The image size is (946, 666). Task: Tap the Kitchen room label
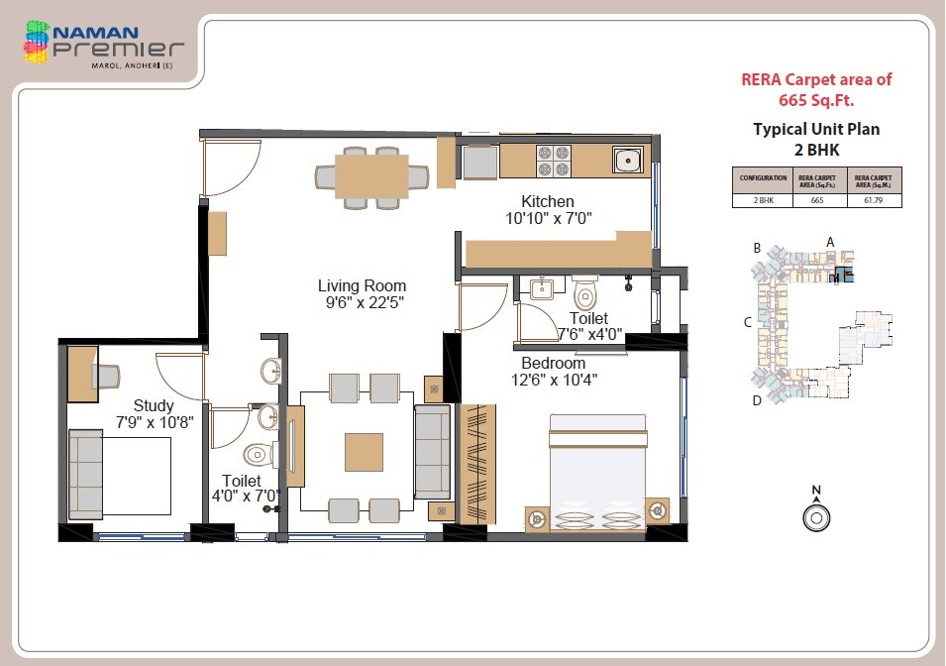click(548, 202)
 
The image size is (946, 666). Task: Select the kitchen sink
click(627, 160)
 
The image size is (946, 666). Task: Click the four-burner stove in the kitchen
click(553, 161)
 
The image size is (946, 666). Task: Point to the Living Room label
click(362, 286)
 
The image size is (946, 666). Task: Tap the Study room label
click(154, 405)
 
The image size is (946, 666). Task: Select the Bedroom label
click(553, 363)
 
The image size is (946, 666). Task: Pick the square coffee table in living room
click(363, 452)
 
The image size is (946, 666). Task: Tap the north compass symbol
click(816, 515)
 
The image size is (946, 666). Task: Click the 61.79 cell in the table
click(874, 200)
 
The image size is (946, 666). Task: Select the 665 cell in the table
click(816, 200)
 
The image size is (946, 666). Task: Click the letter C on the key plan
click(749, 322)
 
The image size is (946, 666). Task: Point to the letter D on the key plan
click(756, 400)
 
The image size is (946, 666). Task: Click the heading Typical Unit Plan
click(816, 129)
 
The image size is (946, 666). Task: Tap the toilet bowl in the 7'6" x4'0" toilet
click(585, 294)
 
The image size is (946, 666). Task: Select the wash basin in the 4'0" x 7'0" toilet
click(270, 373)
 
